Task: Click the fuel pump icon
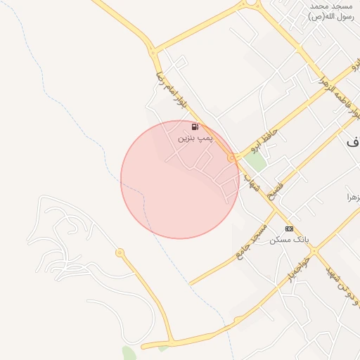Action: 195,127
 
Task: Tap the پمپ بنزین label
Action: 193,139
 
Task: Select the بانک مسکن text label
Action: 288,240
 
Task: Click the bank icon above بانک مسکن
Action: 289,229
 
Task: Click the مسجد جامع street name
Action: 251,243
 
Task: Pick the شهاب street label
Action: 252,184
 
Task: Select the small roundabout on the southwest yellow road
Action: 120,252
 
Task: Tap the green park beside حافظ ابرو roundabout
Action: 255,162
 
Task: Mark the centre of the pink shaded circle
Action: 179,179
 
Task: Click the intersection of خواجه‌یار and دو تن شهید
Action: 314,250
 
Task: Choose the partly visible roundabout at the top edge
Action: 249,2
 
